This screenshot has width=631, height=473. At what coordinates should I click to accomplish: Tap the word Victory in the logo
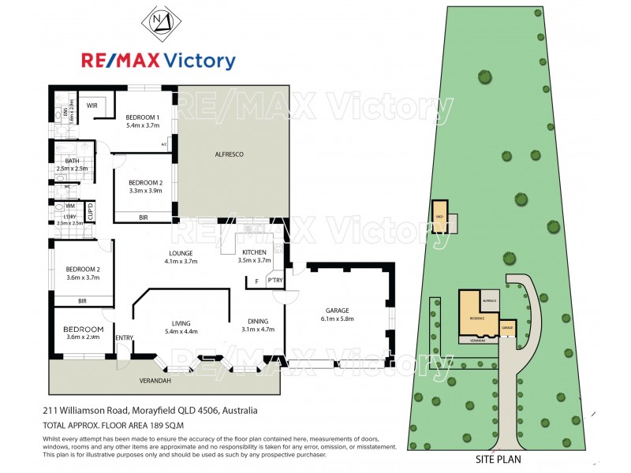[x=198, y=61]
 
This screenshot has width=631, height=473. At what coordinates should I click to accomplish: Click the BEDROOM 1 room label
[x=143, y=116]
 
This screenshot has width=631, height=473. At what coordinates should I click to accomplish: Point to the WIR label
[x=92, y=106]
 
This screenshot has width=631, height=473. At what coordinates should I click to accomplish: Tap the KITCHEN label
[x=254, y=252]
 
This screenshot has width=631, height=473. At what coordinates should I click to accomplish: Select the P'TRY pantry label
[x=275, y=281]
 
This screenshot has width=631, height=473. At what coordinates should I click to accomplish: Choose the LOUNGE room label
[x=180, y=252]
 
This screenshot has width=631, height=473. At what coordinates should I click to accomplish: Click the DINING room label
[x=258, y=321]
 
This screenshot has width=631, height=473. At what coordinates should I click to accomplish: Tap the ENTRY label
[x=124, y=338]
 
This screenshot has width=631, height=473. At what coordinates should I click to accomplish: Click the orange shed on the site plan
[x=438, y=215]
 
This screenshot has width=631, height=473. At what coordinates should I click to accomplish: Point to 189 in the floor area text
[x=151, y=425]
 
